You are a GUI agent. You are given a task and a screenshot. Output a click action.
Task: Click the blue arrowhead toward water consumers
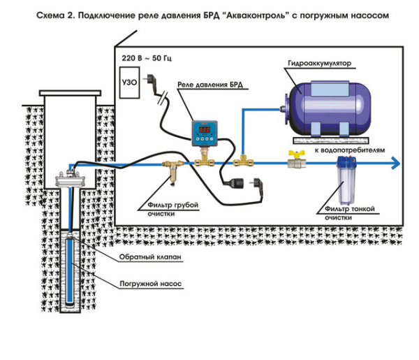pyautogui.click(x=395, y=163)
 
